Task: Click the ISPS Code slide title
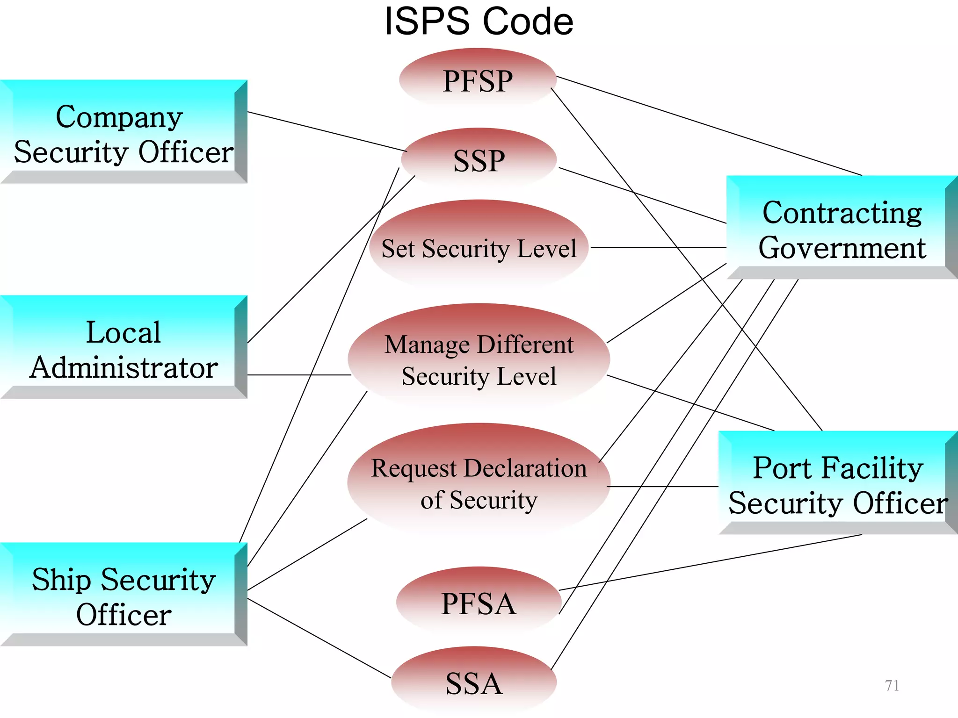479,22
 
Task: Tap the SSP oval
479,160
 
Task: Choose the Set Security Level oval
479,248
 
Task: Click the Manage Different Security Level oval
479,360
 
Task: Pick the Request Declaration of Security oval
479,483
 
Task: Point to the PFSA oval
478,603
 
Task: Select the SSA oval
474,683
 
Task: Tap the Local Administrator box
123,348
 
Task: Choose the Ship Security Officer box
123,596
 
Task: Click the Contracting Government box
842,229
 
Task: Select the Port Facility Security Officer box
837,484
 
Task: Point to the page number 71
892,685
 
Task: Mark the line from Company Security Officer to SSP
327,131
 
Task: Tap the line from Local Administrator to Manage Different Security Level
299,375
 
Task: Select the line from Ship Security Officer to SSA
318,638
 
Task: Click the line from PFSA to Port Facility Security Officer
711,562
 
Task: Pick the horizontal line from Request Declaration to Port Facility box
662,487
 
